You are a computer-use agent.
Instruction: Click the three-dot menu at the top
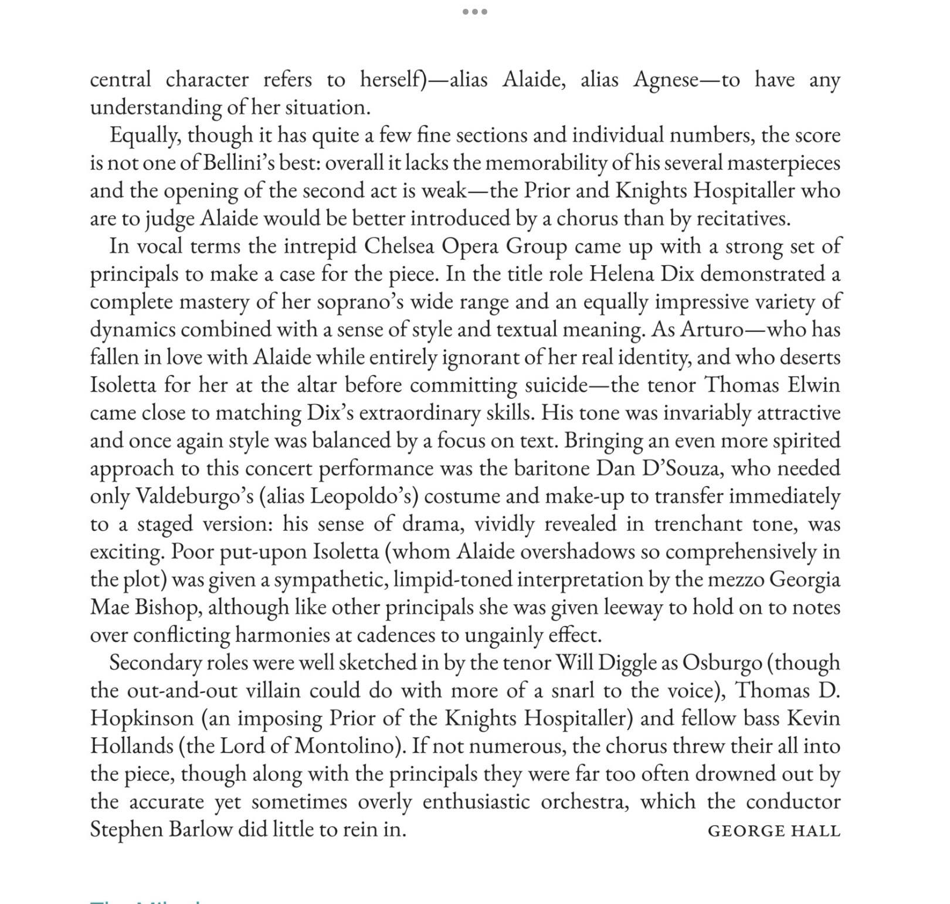(x=474, y=12)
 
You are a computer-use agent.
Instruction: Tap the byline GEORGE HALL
(x=773, y=831)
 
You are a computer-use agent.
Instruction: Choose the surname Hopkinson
(x=141, y=719)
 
